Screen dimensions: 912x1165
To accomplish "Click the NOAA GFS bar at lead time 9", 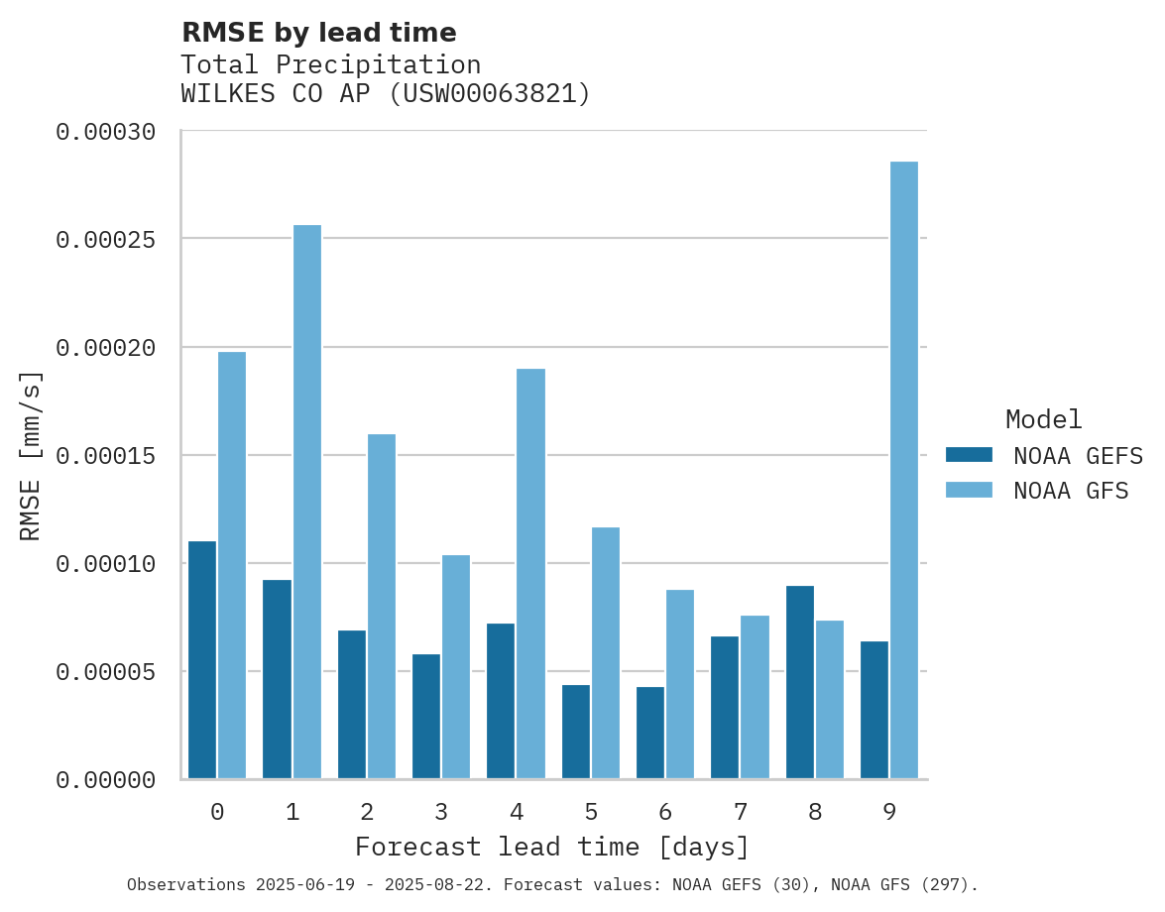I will pos(903,470).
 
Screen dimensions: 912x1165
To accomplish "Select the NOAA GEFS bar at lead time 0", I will pos(202,660).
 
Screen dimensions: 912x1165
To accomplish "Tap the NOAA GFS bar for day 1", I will pos(307,502).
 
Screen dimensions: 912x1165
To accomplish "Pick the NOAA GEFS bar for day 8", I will pos(800,682).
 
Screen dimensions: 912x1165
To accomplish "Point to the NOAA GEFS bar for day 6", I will pos(650,733).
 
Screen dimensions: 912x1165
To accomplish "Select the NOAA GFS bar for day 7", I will pos(755,697).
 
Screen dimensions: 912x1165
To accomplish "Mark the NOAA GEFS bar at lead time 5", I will pos(576,732).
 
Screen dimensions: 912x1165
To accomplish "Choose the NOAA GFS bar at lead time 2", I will pos(382,606).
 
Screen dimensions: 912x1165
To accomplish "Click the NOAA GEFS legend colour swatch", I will pos(969,455).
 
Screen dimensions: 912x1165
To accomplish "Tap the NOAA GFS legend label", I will pos(1071,491).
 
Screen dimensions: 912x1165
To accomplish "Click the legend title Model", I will pos(1043,419).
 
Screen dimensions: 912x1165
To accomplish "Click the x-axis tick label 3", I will pos(441,813).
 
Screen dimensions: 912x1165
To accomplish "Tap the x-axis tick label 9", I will pos(889,813).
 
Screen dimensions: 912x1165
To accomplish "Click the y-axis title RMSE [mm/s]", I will pos(32,456).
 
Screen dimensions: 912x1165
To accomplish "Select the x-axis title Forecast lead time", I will pos(552,848).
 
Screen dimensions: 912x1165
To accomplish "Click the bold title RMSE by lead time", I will pos(318,33).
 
